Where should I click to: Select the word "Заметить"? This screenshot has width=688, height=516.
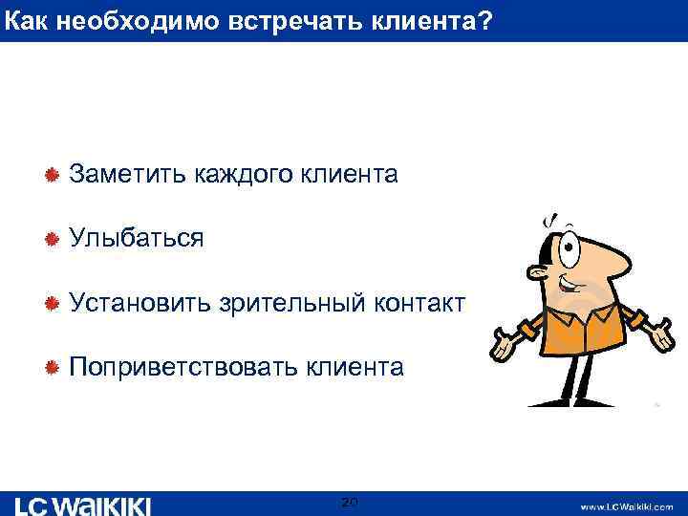click(x=129, y=174)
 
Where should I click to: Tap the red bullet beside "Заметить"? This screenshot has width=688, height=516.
click(x=54, y=174)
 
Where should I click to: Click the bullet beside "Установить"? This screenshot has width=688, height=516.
click(x=54, y=303)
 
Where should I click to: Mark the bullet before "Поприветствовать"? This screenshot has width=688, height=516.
click(x=54, y=367)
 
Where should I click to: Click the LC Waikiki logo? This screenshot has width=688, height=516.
click(x=84, y=505)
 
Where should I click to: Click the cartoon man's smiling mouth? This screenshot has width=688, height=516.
click(x=572, y=288)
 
